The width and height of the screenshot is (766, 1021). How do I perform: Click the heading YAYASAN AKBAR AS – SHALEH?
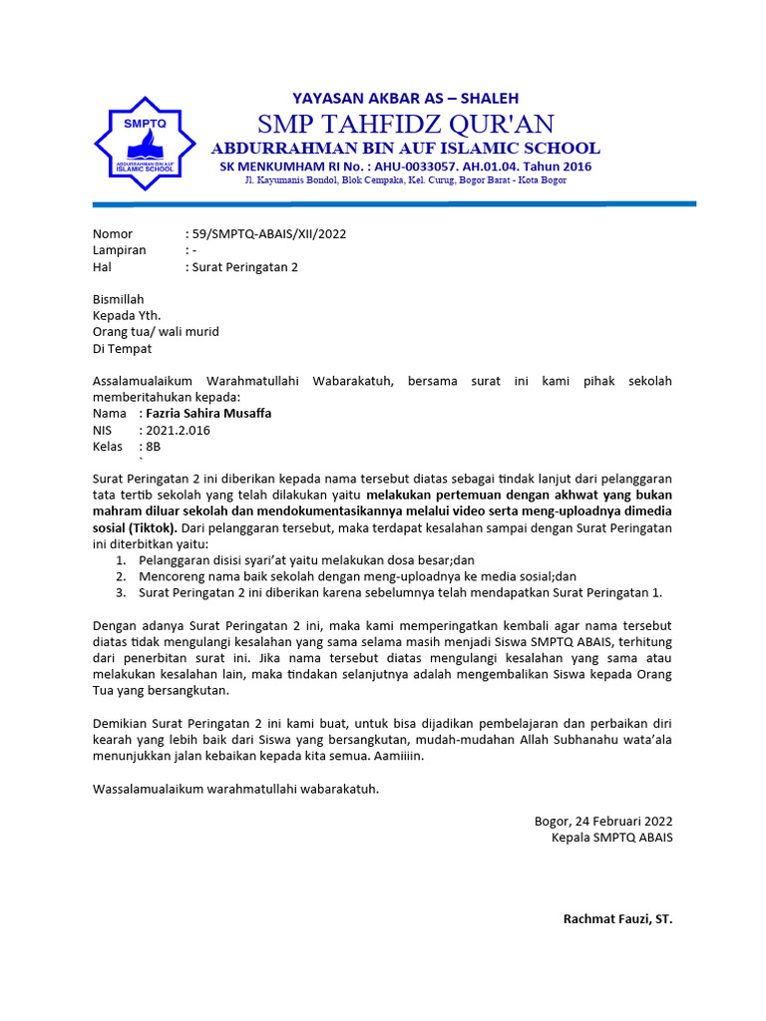tap(405, 98)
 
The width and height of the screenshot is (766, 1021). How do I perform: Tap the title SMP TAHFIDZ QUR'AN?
tap(405, 124)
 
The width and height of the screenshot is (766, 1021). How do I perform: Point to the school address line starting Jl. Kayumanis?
tap(405, 179)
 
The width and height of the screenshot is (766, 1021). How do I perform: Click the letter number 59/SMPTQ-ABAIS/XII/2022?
tap(268, 234)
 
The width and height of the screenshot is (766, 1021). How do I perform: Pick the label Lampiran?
tap(120, 250)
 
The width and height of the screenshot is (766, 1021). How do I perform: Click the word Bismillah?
tap(119, 299)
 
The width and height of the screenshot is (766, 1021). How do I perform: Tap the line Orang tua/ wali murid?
tap(156, 332)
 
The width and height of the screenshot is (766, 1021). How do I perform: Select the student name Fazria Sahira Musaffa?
tap(207, 413)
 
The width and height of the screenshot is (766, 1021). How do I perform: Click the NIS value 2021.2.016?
tap(178, 430)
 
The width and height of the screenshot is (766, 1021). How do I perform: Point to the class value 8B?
tap(153, 447)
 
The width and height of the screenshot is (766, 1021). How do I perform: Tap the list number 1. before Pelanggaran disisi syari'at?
tap(120, 560)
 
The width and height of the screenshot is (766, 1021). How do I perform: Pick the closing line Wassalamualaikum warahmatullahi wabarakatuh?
tap(235, 789)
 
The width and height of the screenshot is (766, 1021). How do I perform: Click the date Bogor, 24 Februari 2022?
tap(603, 822)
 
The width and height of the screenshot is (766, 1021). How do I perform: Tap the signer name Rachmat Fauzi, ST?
tap(617, 918)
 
